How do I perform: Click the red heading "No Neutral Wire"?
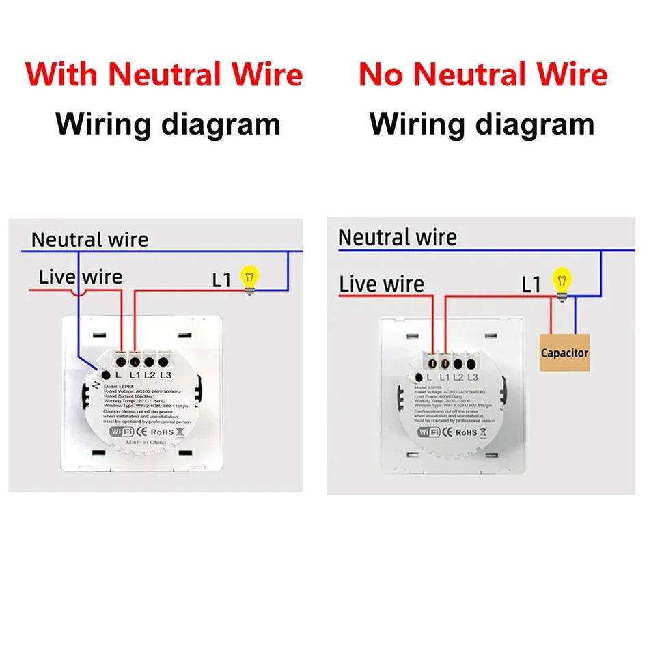tap(483, 74)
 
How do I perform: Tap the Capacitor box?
tap(564, 353)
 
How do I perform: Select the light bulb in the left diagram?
tap(249, 279)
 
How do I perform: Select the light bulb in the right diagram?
tap(562, 281)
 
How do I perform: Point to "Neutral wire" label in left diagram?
tap(89, 240)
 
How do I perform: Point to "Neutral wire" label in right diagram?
tap(397, 238)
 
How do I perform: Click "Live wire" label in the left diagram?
tap(80, 277)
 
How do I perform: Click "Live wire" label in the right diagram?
tap(381, 284)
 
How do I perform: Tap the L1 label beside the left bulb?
tap(222, 279)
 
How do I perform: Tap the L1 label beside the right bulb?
tap(531, 285)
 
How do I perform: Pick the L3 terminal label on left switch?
tap(165, 375)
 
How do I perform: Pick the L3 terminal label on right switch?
tap(473, 377)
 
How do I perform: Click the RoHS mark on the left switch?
tap(163, 432)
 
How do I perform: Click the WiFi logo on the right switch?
tap(429, 432)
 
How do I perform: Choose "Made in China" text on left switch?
tap(146, 442)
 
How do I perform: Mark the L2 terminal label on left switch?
tap(150, 375)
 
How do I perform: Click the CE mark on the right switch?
tap(447, 432)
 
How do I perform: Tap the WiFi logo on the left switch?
tap(121, 432)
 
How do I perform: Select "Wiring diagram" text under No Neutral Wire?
tap(482, 124)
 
